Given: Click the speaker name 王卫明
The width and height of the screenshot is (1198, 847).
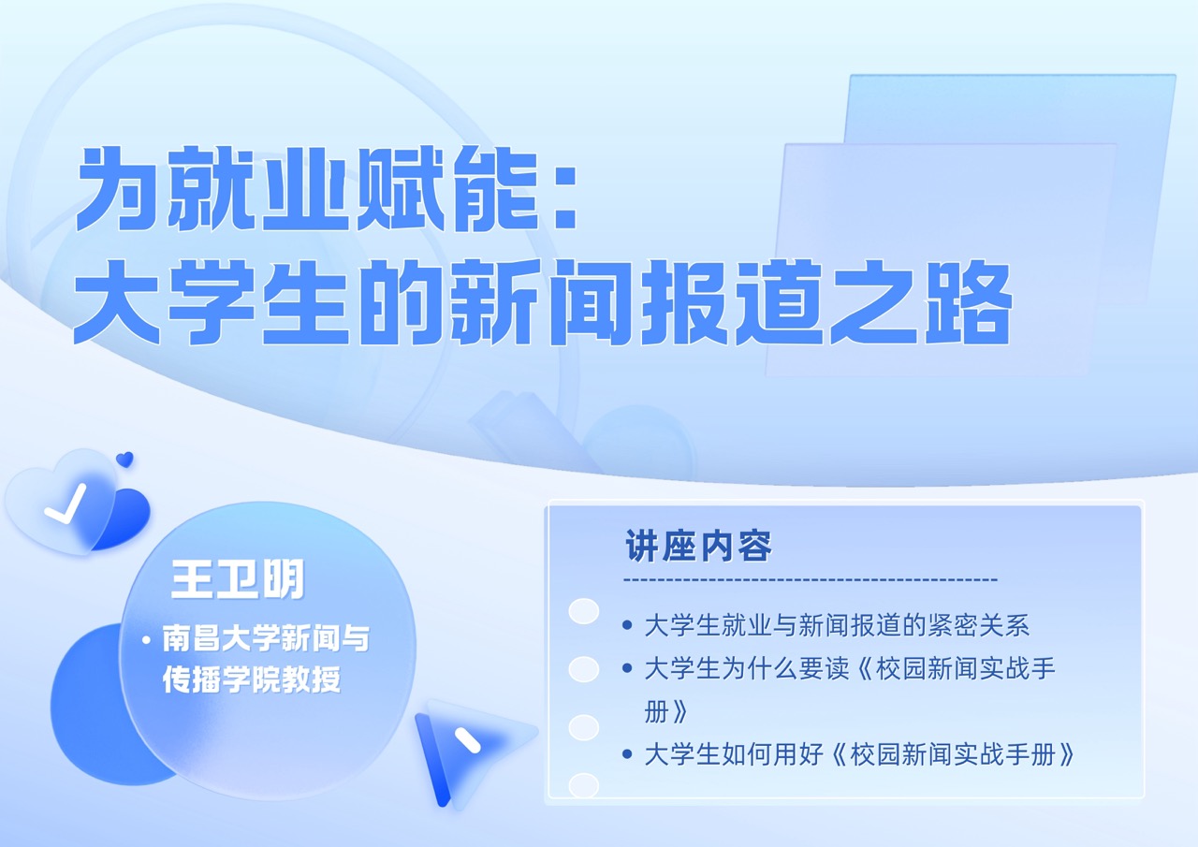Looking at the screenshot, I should click(237, 581).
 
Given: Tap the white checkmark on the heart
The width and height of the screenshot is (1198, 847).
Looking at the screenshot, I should click(65, 504).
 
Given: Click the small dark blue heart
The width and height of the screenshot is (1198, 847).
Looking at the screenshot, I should click(124, 460).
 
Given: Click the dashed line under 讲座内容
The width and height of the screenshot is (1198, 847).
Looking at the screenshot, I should click(811, 580).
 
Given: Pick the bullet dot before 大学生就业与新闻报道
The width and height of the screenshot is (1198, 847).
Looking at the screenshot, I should click(627, 625).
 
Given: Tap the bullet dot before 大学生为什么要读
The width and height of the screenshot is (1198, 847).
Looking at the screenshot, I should click(627, 669).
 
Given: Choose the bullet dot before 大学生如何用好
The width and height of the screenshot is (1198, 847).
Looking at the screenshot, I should click(627, 754).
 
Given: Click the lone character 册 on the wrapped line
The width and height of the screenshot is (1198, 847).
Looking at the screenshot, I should click(656, 712).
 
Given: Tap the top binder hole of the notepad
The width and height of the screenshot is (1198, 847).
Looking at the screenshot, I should click(584, 611).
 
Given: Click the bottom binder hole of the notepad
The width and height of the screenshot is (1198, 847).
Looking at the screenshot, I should click(584, 785).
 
